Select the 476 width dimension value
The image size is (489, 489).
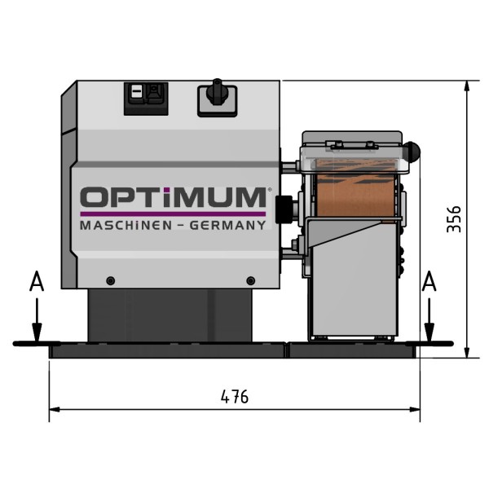(x=235, y=397)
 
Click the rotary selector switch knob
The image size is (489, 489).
(x=218, y=93)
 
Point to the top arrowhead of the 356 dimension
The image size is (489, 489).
(x=465, y=86)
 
